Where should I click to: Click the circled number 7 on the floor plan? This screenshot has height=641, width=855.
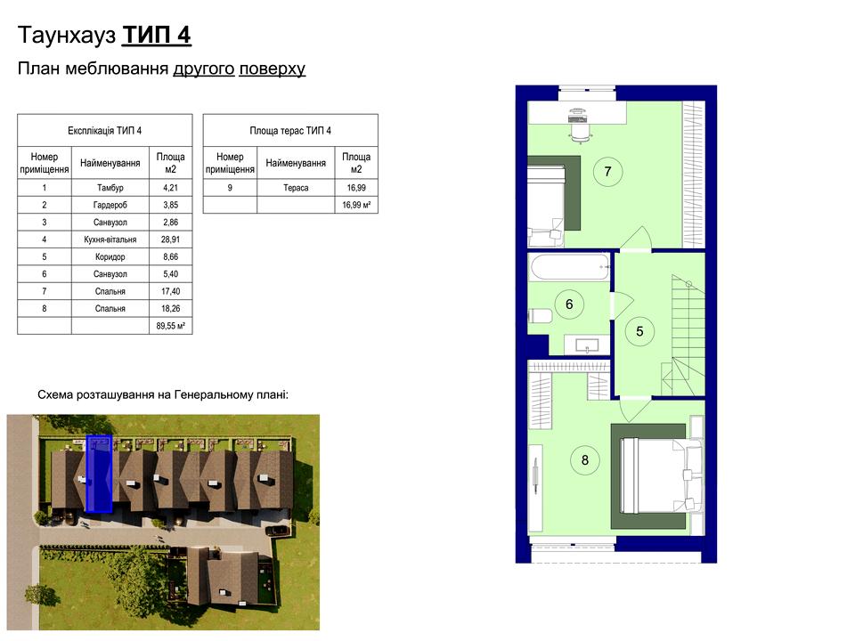[607, 172]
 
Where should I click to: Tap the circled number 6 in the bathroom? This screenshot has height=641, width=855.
[569, 304]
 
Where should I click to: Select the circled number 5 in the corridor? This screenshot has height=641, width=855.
[639, 331]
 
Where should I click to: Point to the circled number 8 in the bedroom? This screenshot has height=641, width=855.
[584, 460]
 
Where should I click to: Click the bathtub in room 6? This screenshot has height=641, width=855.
[569, 267]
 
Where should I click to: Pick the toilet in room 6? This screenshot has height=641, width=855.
[540, 315]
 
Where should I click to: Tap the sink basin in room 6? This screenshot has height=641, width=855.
[587, 345]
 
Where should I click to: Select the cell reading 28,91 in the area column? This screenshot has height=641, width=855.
[171, 239]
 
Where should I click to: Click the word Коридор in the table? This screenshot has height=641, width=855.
[110, 256]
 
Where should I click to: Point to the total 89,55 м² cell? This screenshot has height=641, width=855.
[171, 326]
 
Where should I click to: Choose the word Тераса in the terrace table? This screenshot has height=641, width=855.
[296, 188]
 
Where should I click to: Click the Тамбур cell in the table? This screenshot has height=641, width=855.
[110, 188]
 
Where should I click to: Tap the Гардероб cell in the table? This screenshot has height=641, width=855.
[110, 205]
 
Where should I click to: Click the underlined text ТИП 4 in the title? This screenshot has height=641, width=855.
[157, 36]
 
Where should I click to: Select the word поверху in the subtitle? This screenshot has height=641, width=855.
[273, 69]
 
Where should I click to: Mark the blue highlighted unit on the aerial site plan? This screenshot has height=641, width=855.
[99, 475]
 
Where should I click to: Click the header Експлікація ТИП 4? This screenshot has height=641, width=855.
[105, 131]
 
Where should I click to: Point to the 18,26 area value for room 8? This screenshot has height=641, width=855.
[171, 309]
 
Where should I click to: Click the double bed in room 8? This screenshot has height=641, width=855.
[655, 476]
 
